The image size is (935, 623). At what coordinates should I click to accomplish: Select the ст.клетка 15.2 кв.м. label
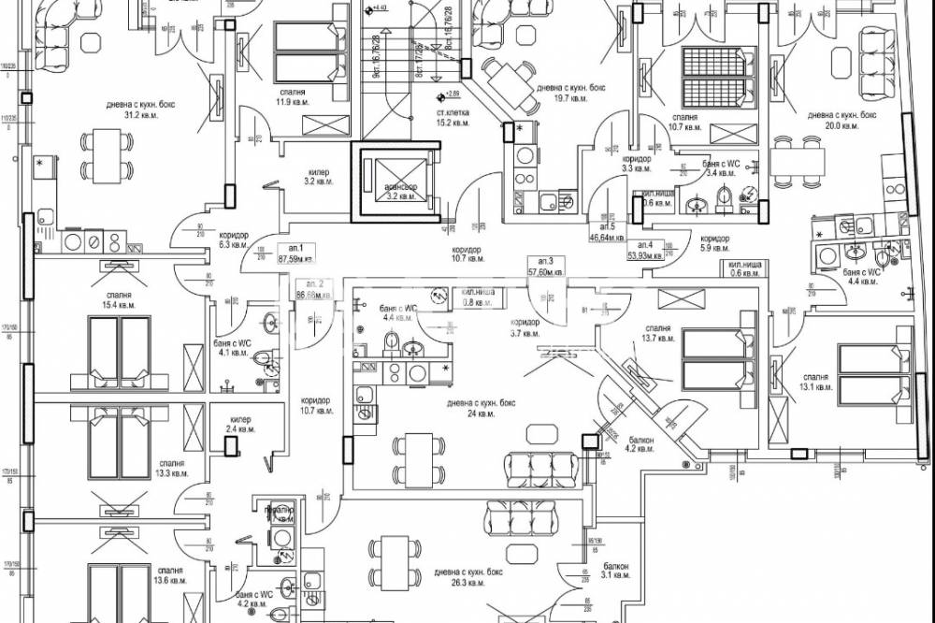(453, 117)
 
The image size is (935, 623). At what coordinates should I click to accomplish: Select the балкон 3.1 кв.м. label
(615, 571)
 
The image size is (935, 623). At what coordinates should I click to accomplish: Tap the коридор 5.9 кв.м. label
(714, 242)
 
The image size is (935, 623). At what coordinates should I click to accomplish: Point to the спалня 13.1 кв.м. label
(821, 384)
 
